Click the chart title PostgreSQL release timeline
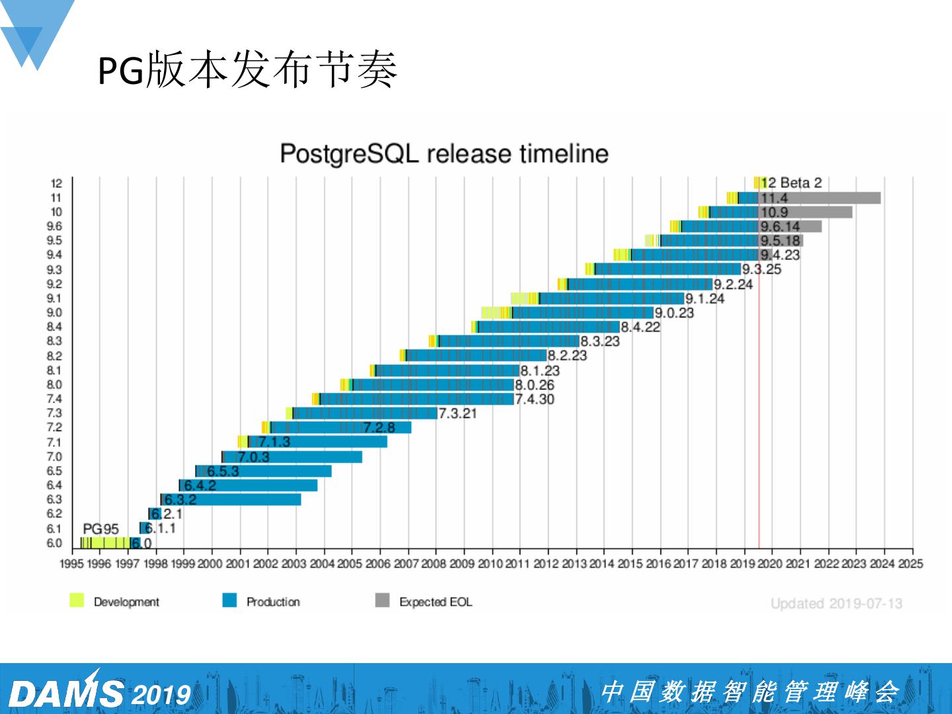click(444, 153)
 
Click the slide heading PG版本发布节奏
click(247, 69)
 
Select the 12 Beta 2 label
click(791, 182)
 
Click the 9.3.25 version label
click(761, 269)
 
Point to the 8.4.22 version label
click(640, 327)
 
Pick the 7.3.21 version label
click(457, 413)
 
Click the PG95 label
click(100, 529)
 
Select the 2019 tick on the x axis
click(742, 563)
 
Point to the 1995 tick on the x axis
click(71, 563)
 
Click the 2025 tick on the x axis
click(910, 563)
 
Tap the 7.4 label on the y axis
click(54, 399)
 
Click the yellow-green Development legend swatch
click(77, 600)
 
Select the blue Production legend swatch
click(229, 600)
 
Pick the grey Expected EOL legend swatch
click(382, 600)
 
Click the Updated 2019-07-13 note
click(836, 604)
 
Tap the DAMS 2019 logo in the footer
click(99, 693)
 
